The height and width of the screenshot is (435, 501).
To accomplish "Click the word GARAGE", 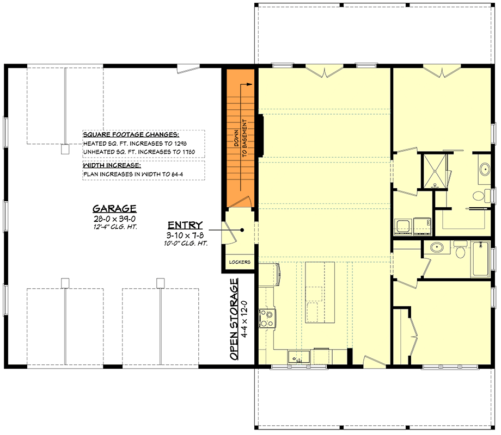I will tap(114, 209).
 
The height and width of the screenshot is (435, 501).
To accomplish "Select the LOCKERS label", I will tap(240, 262).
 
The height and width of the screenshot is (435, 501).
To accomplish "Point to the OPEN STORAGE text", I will tap(234, 319).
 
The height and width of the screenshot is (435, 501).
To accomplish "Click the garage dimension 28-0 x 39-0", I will tap(114, 219).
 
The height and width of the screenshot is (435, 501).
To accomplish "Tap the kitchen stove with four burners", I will tap(267, 318).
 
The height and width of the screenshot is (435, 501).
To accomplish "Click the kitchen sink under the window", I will tap(299, 357).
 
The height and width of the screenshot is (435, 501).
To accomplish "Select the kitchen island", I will tap(320, 291).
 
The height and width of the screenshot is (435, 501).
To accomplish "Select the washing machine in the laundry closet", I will tap(404, 226).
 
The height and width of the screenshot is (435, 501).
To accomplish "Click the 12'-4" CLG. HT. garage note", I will tap(114, 227).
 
